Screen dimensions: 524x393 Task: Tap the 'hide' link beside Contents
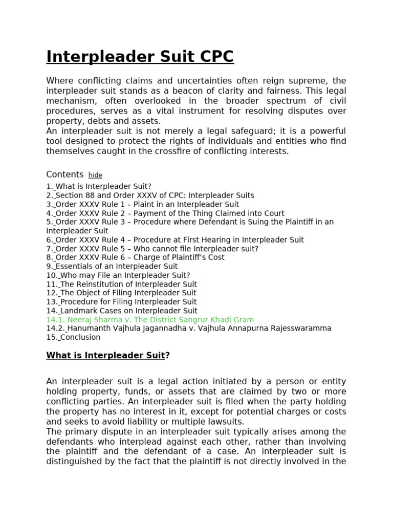coord(95,175)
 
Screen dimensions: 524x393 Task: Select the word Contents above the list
coord(65,174)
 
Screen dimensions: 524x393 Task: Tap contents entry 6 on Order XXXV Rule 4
coord(174,239)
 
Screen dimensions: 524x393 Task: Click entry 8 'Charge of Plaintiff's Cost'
coord(135,257)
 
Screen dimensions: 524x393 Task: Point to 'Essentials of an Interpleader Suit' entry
coord(112,266)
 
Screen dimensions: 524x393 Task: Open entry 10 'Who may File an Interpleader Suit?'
coord(118,275)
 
